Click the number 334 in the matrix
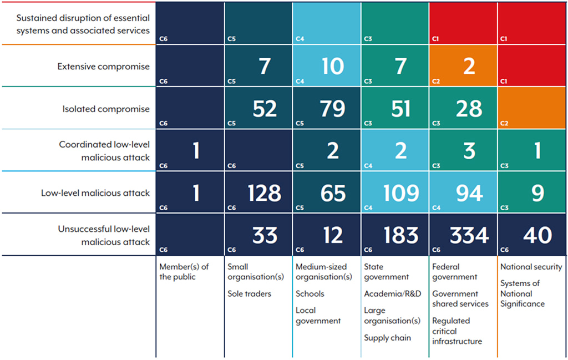469,235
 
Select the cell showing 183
401,235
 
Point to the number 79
332,109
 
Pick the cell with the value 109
401,193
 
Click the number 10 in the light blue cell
332,67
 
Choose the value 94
469,193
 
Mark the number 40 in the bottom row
537,235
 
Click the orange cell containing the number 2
469,67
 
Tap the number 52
265,109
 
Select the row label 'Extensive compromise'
104,67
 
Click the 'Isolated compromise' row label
106,109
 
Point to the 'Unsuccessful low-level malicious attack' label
104,235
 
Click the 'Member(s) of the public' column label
184,272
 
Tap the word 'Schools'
310,293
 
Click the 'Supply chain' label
387,337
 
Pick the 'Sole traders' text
250,293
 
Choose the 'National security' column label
531,267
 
